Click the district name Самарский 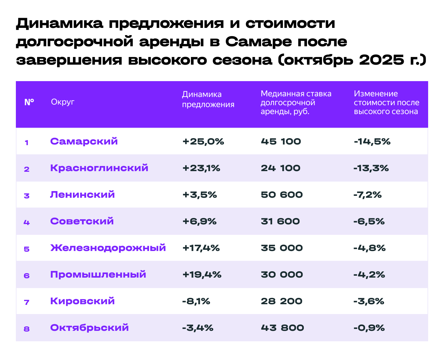click(x=84, y=141)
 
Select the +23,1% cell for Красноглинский click(x=201, y=168)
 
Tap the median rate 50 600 click(x=282, y=195)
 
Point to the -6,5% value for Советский click(x=369, y=221)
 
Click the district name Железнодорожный click(x=108, y=248)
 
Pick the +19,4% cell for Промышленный click(x=202, y=274)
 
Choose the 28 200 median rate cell click(x=282, y=301)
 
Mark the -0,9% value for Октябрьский click(x=369, y=328)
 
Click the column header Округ click(x=62, y=102)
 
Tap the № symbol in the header click(x=29, y=102)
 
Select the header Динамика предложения click(x=208, y=100)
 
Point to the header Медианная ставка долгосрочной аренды click(x=296, y=102)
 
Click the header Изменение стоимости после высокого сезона click(x=387, y=102)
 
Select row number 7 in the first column click(x=27, y=302)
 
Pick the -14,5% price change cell click(x=372, y=141)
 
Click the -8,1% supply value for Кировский click(x=196, y=301)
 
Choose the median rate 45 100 click(x=281, y=141)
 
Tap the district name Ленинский click(x=82, y=195)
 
